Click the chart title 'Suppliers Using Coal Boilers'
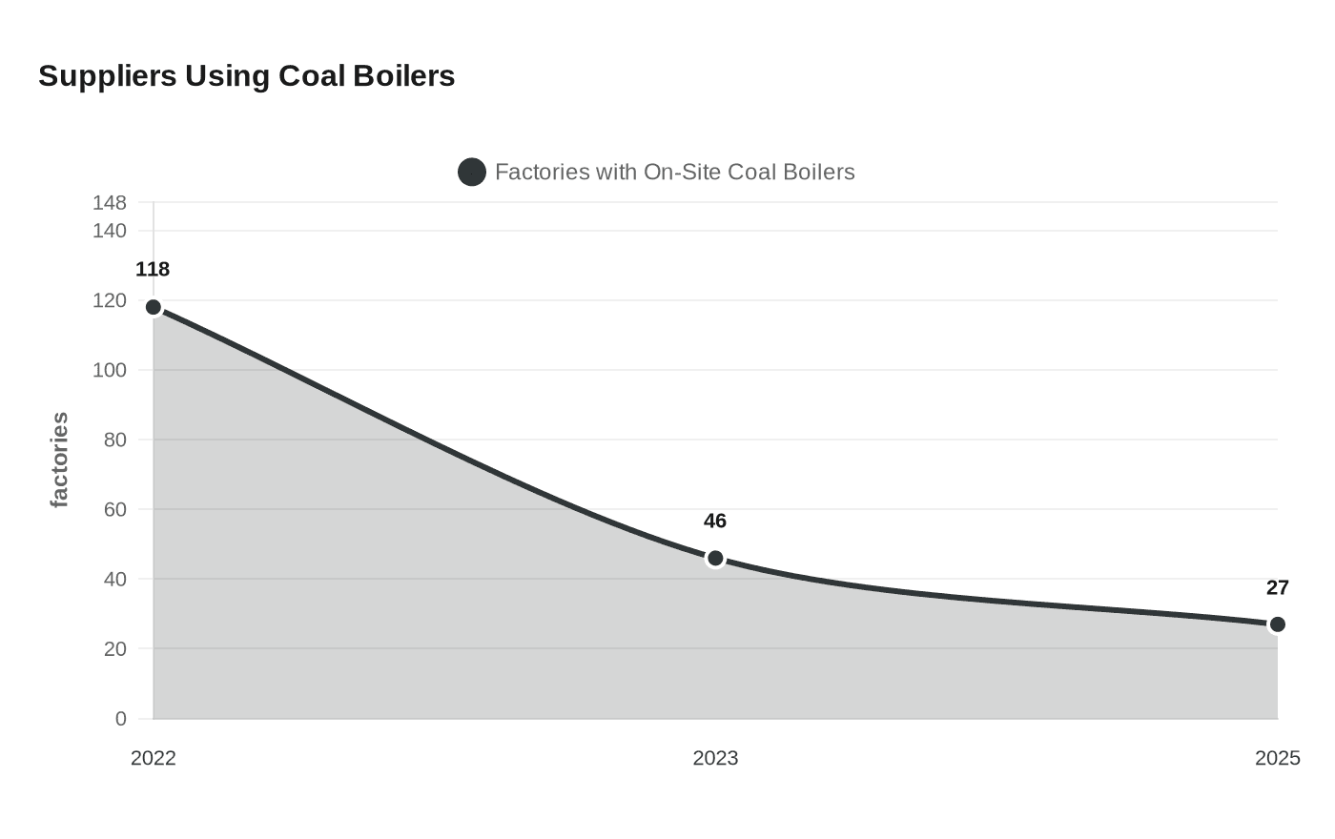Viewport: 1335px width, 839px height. click(246, 75)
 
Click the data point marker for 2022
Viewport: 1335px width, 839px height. click(154, 307)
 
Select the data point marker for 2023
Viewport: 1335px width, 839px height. click(715, 559)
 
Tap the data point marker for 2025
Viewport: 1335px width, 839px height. click(1277, 624)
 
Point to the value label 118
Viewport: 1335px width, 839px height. click(153, 270)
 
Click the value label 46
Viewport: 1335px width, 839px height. click(715, 522)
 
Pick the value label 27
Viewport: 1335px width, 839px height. click(1277, 588)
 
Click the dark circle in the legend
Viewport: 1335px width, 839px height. click(472, 173)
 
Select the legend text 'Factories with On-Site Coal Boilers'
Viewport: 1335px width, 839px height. click(674, 173)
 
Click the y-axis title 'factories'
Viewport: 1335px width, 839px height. click(59, 460)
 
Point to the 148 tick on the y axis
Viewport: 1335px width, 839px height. click(110, 203)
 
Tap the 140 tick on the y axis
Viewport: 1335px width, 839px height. click(110, 231)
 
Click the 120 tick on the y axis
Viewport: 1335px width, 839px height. click(110, 300)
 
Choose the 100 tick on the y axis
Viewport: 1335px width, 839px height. click(110, 370)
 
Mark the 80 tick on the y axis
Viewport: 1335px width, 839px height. click(114, 440)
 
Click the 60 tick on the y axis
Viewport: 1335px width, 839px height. click(114, 509)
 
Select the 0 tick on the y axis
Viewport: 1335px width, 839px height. click(120, 719)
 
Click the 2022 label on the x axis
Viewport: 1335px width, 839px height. click(154, 759)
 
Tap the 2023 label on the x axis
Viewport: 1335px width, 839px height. click(715, 759)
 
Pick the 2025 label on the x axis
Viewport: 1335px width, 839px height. click(1277, 759)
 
